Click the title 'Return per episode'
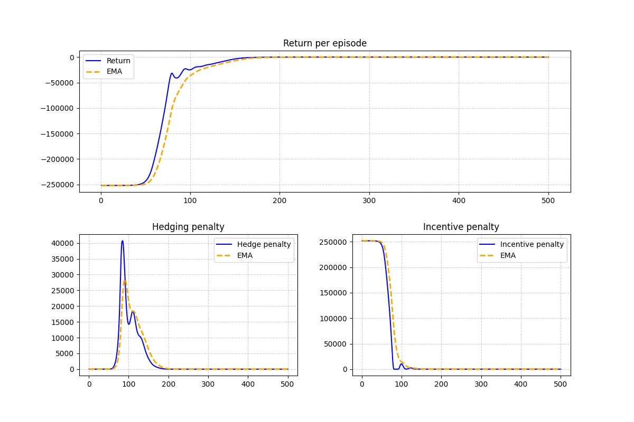pos(324,43)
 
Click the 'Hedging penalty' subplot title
pos(188,227)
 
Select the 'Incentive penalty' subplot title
pos(461,227)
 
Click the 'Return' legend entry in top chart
pos(118,61)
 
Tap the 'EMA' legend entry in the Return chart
pos(114,71)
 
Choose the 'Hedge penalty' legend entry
pos(264,244)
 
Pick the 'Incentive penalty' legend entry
pos(532,244)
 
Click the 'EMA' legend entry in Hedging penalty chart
pos(245,255)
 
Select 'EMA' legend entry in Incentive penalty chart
pos(508,255)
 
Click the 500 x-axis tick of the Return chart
pos(548,200)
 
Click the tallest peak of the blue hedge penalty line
pos(123,241)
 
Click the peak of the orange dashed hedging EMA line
pos(125,280)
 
